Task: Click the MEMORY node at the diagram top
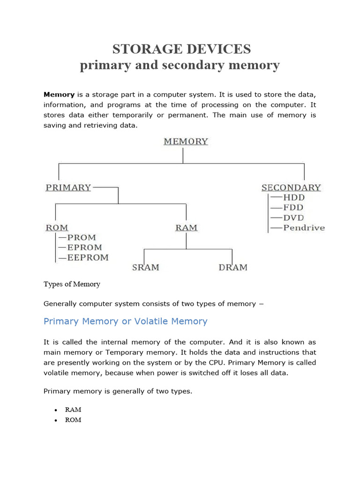[186, 141]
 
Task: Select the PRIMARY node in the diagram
[68, 187]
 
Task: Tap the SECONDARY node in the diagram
[291, 187]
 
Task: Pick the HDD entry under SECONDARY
[293, 197]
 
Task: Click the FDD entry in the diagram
[293, 208]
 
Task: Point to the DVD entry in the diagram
[293, 218]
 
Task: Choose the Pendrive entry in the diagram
[304, 228]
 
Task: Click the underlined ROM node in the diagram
[57, 228]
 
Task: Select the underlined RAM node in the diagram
[186, 228]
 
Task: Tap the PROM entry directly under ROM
[82, 238]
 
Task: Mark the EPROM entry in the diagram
[85, 247]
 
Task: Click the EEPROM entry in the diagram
[88, 257]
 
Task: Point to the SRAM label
[145, 268]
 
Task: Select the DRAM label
[233, 268]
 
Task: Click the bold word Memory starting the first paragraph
[59, 94]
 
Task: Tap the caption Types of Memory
[72, 284]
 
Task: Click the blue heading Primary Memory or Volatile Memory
[125, 321]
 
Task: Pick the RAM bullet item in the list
[73, 409]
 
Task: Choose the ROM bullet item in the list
[73, 420]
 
